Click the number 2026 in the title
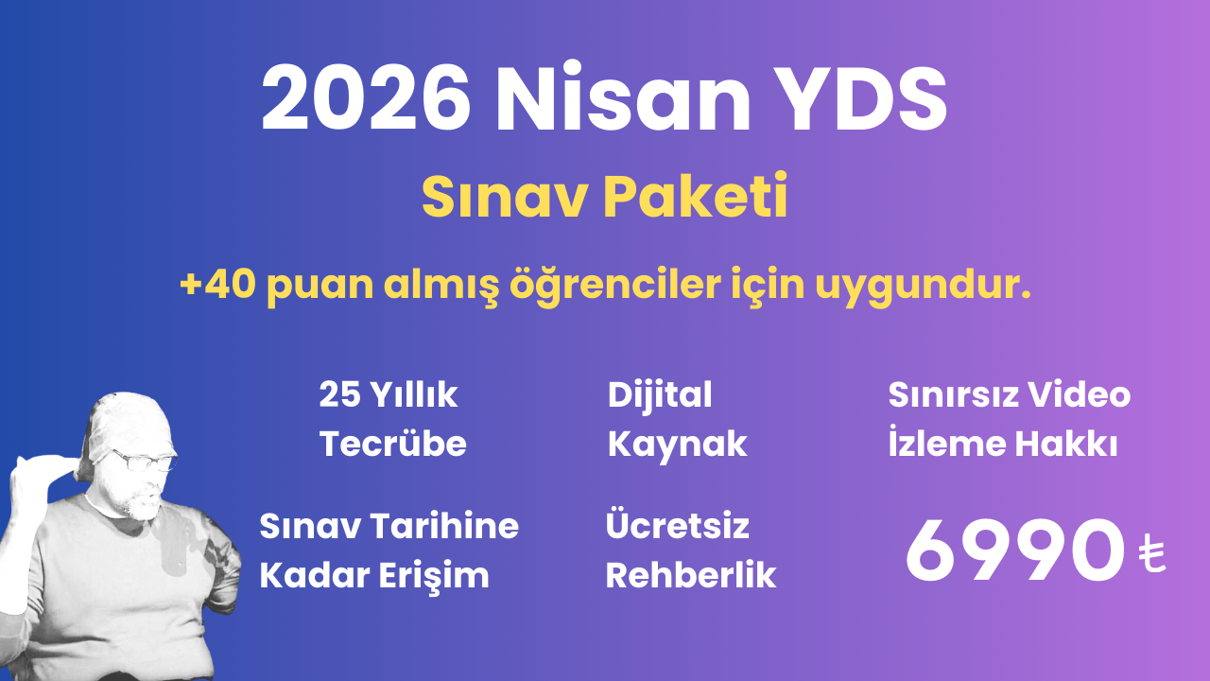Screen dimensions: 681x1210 click(x=367, y=100)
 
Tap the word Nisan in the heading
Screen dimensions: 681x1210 click(x=621, y=100)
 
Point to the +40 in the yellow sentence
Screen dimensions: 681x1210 click(x=216, y=285)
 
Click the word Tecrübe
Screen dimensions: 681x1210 click(x=393, y=445)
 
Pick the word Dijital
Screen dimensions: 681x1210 click(x=660, y=395)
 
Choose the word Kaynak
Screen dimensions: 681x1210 click(x=677, y=445)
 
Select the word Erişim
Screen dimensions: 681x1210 click(x=442, y=575)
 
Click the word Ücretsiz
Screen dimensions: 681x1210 click(x=677, y=526)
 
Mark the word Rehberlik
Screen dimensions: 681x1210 click(x=691, y=575)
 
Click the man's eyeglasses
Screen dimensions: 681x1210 click(x=144, y=461)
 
